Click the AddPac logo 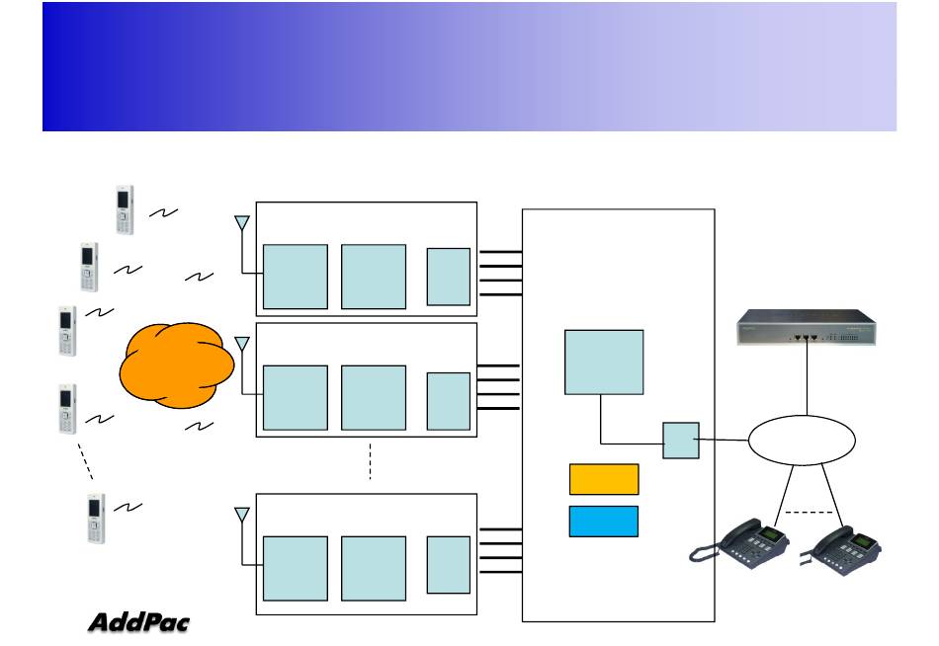pyautogui.click(x=138, y=622)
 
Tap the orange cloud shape pyautogui.click(x=177, y=363)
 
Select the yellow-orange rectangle pyautogui.click(x=604, y=479)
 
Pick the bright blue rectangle pyautogui.click(x=604, y=521)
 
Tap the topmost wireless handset pyautogui.click(x=124, y=209)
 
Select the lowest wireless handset pyautogui.click(x=95, y=519)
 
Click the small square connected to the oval pyautogui.click(x=681, y=440)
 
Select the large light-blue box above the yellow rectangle pyautogui.click(x=604, y=362)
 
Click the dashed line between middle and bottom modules pyautogui.click(x=370, y=462)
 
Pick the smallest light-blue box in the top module pyautogui.click(x=448, y=277)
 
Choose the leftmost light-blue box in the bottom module pyautogui.click(x=295, y=568)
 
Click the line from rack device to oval pyautogui.click(x=807, y=380)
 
